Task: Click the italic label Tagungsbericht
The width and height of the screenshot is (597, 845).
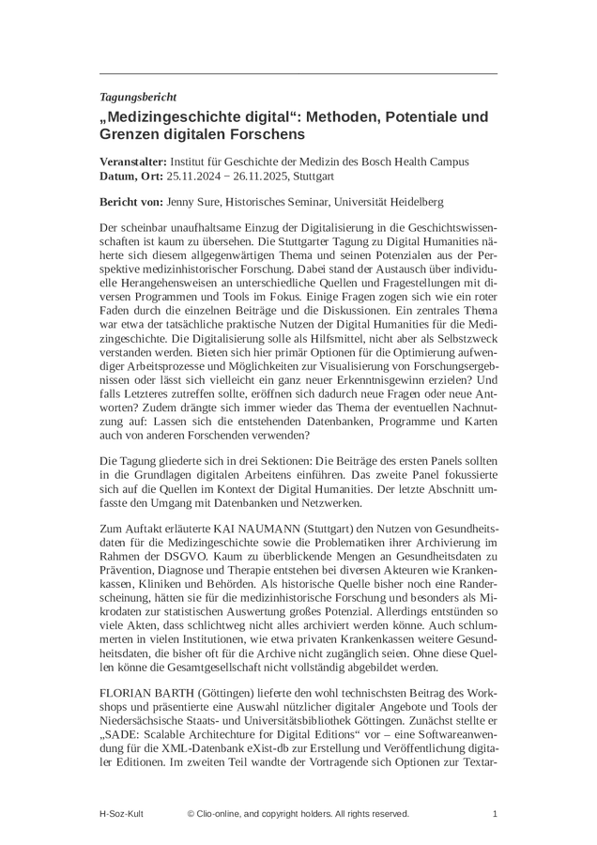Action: tap(138, 97)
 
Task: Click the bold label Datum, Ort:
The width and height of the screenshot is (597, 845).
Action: tap(132, 176)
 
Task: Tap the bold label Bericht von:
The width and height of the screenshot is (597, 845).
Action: tap(130, 202)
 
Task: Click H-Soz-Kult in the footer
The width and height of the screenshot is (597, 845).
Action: tap(123, 814)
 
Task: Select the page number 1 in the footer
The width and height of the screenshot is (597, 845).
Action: tap(495, 814)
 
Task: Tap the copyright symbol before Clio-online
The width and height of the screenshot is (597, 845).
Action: tap(191, 814)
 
